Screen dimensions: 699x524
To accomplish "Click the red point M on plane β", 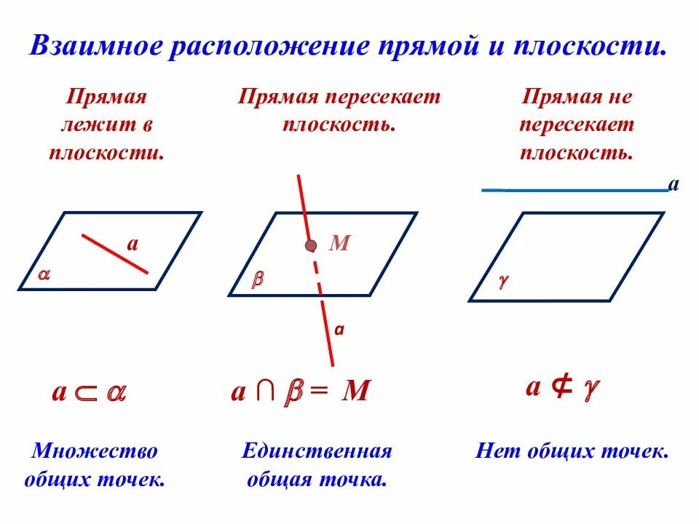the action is [x=311, y=246].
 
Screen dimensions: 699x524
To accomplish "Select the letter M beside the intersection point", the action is [x=340, y=244].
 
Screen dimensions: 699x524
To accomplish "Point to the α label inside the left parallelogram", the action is [x=44, y=275].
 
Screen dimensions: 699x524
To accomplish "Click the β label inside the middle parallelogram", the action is [x=257, y=280].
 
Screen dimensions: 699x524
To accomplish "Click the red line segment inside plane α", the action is [x=114, y=253].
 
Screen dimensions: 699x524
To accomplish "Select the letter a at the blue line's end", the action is [x=674, y=184].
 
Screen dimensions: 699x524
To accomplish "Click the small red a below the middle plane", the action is [x=339, y=329].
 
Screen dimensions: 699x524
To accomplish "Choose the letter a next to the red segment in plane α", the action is [x=133, y=243].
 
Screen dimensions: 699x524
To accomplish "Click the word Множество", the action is [x=95, y=451].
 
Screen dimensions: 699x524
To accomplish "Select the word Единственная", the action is [x=317, y=451].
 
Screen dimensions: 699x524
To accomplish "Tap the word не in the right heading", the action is [x=622, y=98].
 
